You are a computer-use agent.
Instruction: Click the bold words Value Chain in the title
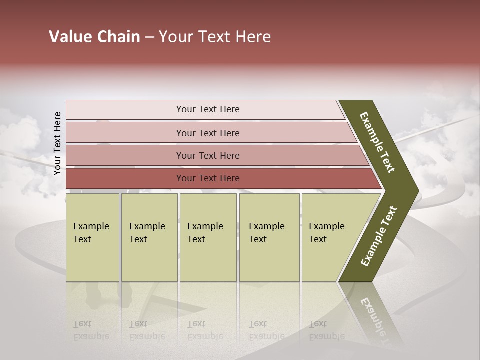point(94,37)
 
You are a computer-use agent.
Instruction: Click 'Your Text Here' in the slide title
point(215,37)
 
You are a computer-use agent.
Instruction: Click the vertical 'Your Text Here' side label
point(57,143)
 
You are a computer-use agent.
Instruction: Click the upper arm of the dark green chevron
point(378,142)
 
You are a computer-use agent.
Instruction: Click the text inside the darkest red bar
point(208,178)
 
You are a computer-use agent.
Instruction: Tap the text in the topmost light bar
point(208,109)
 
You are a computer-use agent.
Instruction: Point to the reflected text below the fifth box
point(327,330)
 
